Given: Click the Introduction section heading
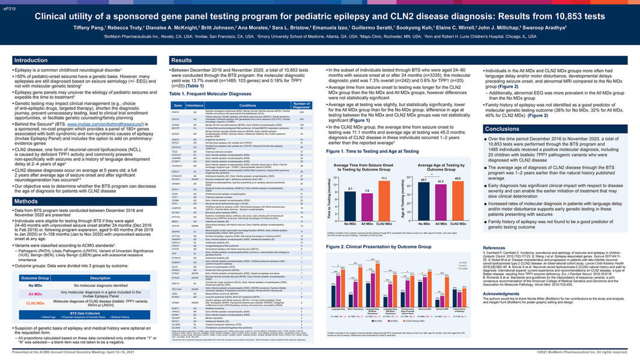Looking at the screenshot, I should click(x=31, y=61).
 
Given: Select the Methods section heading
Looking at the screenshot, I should click(x=27, y=201).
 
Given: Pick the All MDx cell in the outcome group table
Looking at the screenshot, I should click(x=35, y=277).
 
